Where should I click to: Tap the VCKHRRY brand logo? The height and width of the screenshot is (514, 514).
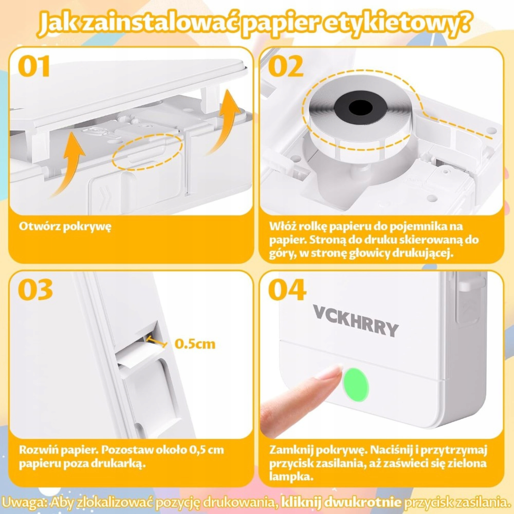tap(356, 321)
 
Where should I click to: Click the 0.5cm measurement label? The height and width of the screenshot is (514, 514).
tap(195, 344)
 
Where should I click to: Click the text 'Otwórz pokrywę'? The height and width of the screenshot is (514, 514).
tap(65, 226)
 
